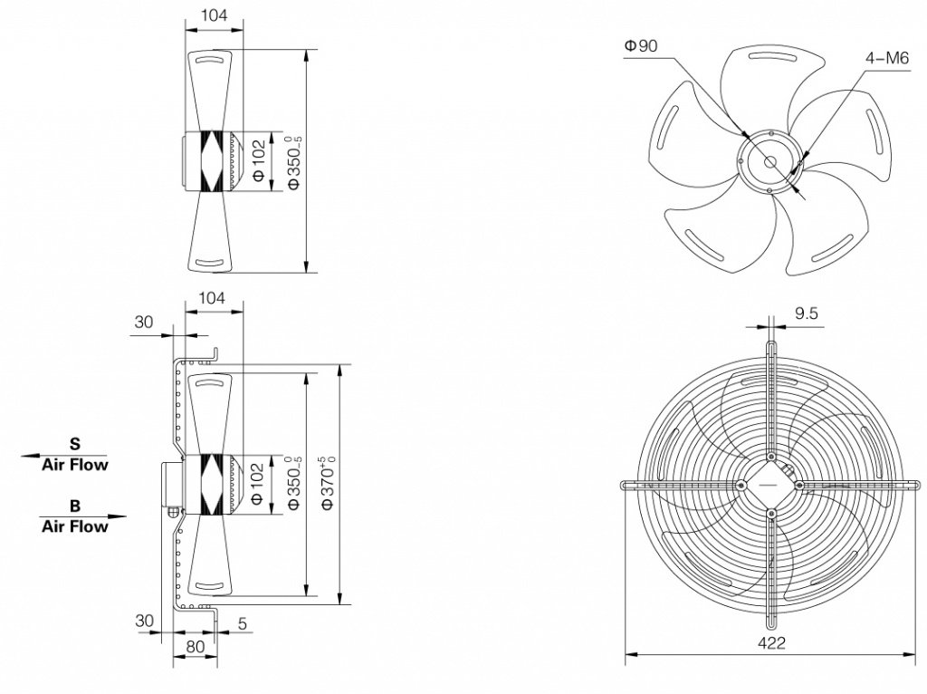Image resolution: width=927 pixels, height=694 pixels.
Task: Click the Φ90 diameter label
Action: [x=641, y=46]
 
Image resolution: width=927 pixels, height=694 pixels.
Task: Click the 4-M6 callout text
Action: [x=886, y=59]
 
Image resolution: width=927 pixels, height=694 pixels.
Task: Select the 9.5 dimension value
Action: [x=807, y=313]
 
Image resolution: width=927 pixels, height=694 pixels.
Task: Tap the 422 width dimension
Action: [x=771, y=642]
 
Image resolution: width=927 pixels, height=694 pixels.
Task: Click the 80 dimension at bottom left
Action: [x=195, y=647]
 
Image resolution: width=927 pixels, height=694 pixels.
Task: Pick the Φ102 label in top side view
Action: [x=258, y=161]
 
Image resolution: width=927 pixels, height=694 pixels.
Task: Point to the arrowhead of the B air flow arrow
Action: [x=124, y=516]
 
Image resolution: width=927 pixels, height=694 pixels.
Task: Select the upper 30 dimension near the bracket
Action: [x=144, y=322]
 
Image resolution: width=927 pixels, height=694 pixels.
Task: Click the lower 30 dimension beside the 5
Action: [x=144, y=622]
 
